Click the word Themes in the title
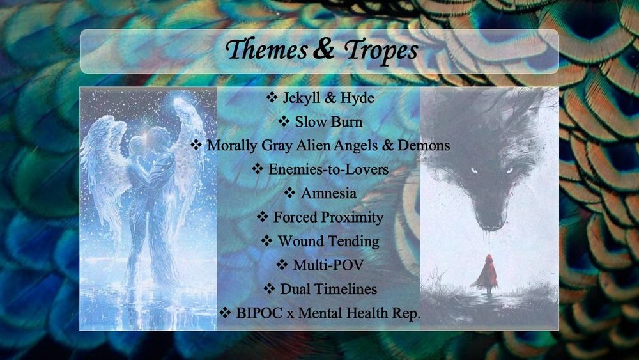coord(267,50)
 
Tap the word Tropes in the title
coord(381,51)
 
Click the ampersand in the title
coord(324,49)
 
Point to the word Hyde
coord(357,98)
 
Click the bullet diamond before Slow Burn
coord(284,121)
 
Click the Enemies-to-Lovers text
coord(328,169)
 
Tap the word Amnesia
coord(328,193)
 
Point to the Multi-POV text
coord(328,265)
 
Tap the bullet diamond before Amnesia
coord(289,192)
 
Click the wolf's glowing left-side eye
coord(473,171)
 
